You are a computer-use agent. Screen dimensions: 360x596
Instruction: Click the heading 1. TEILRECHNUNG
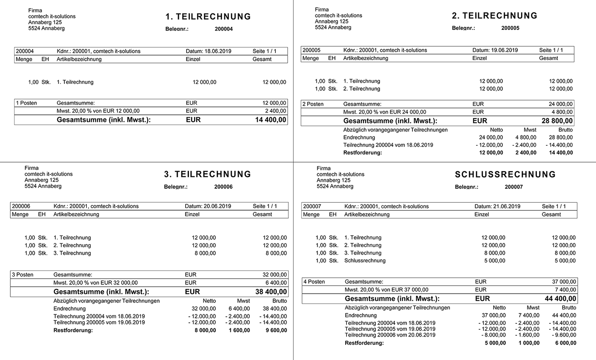[x=208, y=17]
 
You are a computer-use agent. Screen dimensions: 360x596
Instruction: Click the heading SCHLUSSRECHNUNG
[x=505, y=175]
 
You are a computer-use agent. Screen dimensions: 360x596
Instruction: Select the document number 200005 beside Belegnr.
[x=510, y=28]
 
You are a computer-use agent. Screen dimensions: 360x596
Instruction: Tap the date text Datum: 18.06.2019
[x=208, y=51]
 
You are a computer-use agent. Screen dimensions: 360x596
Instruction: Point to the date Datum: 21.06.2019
[x=497, y=206]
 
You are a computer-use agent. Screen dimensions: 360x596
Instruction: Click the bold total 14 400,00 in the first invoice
[x=268, y=120]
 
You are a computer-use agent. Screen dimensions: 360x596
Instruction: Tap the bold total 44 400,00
[x=558, y=299]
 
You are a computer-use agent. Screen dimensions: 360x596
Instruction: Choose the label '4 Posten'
[x=314, y=282]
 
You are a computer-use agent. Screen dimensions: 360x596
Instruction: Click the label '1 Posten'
[x=26, y=103]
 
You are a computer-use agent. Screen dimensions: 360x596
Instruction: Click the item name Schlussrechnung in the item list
[x=364, y=261]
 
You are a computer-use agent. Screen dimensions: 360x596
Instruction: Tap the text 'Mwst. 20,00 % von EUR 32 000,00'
[x=95, y=283]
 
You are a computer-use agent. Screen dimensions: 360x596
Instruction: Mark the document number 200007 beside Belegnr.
[x=514, y=187]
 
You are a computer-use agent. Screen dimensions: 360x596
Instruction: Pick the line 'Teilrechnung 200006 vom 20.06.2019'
[x=390, y=335]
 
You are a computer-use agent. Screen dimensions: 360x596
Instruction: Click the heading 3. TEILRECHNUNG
[x=207, y=175]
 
